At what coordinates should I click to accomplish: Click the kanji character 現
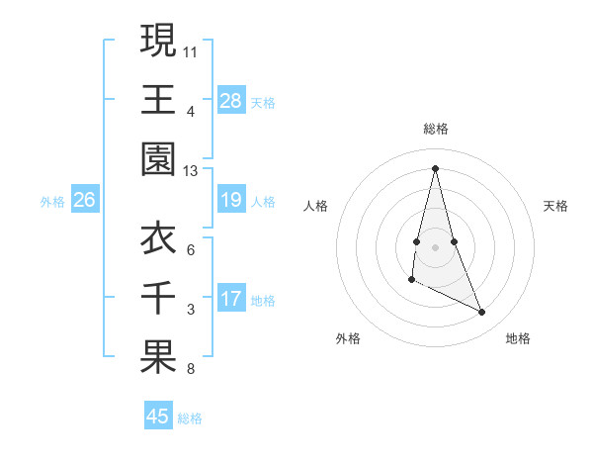pos(158,41)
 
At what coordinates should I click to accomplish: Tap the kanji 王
pos(158,100)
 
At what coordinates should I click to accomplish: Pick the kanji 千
pos(158,297)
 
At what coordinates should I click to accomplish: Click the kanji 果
pos(158,357)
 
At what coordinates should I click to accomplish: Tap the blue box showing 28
pos(230,100)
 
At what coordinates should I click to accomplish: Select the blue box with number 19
pos(230,200)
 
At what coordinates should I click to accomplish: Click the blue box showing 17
pos(230,299)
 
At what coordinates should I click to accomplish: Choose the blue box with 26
pos(85,201)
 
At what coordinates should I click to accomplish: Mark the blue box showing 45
pos(158,417)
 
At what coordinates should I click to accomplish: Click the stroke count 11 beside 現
pos(190,50)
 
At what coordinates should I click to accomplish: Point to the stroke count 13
pos(190,171)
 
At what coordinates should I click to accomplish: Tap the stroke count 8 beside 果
pos(190,370)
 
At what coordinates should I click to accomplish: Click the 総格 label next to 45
pos(190,418)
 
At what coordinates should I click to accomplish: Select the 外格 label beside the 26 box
pos(52,202)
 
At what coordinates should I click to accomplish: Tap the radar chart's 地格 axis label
pos(518,338)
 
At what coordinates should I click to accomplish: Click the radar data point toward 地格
pos(482,313)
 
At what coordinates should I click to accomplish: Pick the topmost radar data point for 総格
pos(435,168)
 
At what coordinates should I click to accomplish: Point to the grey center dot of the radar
pos(435,246)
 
